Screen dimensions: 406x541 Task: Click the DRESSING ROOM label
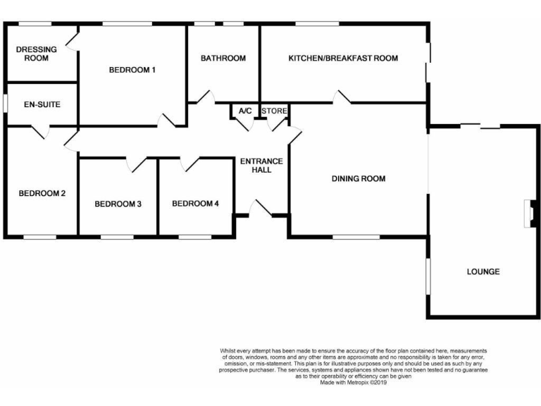click(x=32, y=54)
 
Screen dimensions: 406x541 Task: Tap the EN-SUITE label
click(x=42, y=104)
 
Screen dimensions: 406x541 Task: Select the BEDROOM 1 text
click(x=132, y=69)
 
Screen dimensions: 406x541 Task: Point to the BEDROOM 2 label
click(x=42, y=193)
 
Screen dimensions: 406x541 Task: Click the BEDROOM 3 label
click(x=118, y=204)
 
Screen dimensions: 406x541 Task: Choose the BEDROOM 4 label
click(x=196, y=204)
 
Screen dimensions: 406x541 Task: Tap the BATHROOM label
click(x=223, y=58)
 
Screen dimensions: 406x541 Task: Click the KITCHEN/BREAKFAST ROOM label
click(x=343, y=58)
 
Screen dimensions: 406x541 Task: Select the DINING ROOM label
click(x=359, y=178)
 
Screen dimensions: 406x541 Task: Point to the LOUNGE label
click(x=483, y=271)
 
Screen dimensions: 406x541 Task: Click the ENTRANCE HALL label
click(x=261, y=166)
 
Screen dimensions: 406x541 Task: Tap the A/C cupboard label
click(x=245, y=111)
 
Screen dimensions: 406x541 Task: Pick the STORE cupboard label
click(x=274, y=111)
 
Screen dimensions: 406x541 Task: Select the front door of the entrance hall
click(x=261, y=209)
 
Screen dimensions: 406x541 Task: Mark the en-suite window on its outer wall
click(x=5, y=103)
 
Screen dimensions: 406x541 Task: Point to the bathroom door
click(x=206, y=98)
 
